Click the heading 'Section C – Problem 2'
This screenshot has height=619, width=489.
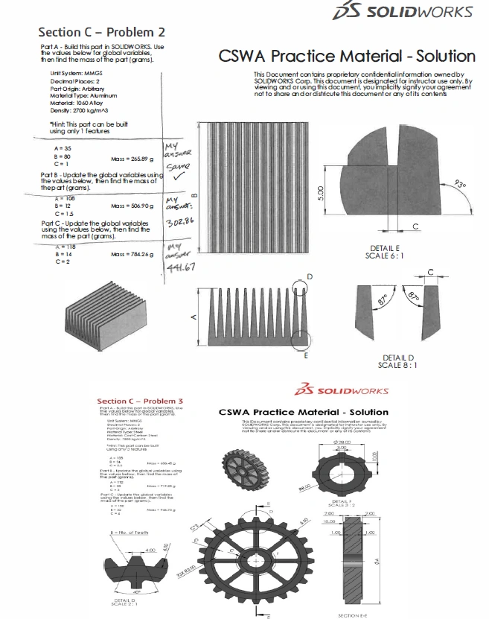(101, 32)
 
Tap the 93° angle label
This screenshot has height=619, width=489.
(461, 184)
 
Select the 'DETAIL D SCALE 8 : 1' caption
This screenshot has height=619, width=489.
(400, 361)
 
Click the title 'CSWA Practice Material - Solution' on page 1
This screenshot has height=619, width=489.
(346, 57)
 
